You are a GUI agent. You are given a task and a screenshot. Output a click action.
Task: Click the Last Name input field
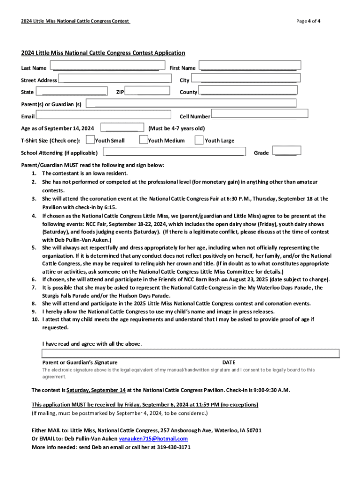point(107,65)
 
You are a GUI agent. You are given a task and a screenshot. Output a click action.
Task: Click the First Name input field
point(249,65)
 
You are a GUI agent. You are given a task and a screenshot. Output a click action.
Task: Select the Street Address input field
point(114,78)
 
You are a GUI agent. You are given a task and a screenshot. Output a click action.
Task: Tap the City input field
point(244,78)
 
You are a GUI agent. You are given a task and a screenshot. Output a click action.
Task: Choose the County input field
point(247,90)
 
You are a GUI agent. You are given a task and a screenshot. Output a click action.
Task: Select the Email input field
point(103,115)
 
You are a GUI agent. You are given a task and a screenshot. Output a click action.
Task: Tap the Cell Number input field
point(259,114)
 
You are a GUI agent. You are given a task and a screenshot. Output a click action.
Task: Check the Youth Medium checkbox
point(144,139)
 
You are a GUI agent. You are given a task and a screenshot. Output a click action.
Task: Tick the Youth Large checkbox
point(199,140)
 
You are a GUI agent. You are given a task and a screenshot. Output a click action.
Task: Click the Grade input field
point(288,151)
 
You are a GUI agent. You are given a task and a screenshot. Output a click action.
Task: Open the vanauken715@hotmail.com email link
point(153,439)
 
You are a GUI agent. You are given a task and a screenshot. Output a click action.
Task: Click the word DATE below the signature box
point(229,363)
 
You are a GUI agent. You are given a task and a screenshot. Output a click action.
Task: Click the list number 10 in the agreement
point(35,319)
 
